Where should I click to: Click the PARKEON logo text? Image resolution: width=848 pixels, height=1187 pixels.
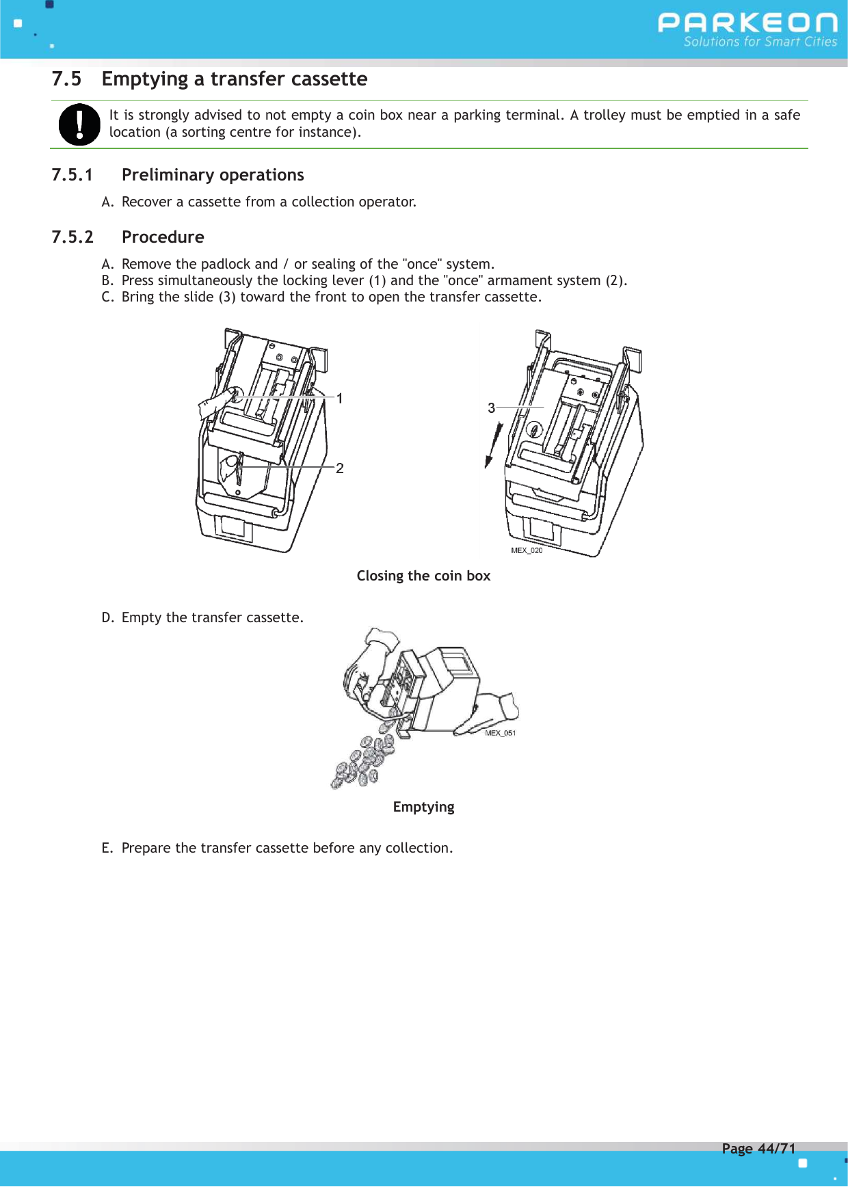[x=747, y=23]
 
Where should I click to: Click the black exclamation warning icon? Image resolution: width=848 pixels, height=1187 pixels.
[x=79, y=124]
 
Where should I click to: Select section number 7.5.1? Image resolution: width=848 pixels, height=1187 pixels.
[x=72, y=175]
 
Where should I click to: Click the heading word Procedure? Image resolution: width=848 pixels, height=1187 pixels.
[x=163, y=237]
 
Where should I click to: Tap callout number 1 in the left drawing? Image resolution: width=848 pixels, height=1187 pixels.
[x=340, y=399]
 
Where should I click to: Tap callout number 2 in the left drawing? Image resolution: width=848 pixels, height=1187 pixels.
[x=340, y=468]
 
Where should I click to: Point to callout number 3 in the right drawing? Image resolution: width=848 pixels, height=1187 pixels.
[x=491, y=408]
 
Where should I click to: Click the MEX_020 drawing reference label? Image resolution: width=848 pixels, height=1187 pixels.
[x=527, y=550]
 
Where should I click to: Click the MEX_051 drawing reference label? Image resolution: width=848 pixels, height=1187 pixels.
[x=501, y=733]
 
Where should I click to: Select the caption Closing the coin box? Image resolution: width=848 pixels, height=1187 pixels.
[x=423, y=576]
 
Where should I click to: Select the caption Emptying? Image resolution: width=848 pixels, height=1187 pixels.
[x=423, y=807]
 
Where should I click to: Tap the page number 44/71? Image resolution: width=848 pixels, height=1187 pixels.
[x=776, y=1149]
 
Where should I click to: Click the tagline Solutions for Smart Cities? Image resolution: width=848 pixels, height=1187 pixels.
[x=760, y=42]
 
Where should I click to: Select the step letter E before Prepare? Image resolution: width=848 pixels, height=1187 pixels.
[x=106, y=849]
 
